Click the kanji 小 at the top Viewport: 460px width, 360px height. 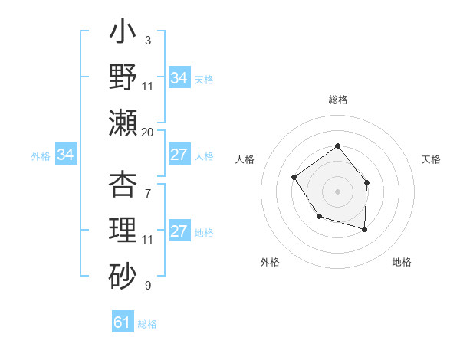coord(123,35)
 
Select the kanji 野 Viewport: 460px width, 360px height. coord(123,78)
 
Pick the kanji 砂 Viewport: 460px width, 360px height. coord(123,273)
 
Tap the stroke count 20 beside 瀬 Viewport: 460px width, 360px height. coord(147,132)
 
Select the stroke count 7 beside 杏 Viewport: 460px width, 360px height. coord(147,185)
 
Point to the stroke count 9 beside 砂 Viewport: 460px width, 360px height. coord(147,285)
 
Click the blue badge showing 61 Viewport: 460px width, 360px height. coord(123,322)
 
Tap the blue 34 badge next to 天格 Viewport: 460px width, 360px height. coord(179,78)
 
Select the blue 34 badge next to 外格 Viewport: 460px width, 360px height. coord(66,155)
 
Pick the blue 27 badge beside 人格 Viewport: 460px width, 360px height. coord(179,155)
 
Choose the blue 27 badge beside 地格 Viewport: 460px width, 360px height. coord(179,232)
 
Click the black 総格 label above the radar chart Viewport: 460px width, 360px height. coord(337,100)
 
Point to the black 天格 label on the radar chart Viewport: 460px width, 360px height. coord(431,159)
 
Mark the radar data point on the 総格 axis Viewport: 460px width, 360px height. coord(337,146)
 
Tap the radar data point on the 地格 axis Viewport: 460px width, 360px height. coord(365,229)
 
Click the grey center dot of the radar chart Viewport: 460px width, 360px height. coord(337,191)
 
